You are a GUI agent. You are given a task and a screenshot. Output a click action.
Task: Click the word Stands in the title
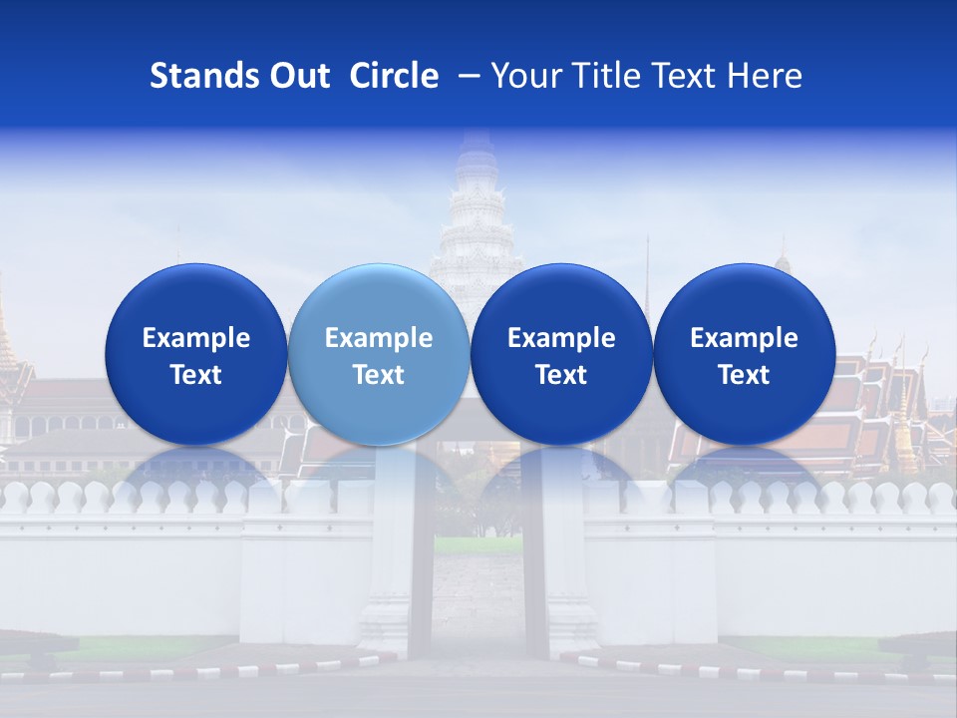pyautogui.click(x=199, y=77)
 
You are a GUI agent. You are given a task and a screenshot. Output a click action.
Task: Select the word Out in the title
pyautogui.click(x=297, y=77)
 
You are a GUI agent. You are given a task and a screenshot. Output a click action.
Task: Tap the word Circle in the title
pyautogui.click(x=394, y=77)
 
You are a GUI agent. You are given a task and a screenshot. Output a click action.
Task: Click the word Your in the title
pyautogui.click(x=522, y=77)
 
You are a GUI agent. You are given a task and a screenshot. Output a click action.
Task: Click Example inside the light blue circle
pyautogui.click(x=378, y=338)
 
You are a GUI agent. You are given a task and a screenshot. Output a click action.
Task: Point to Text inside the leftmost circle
pyautogui.click(x=195, y=375)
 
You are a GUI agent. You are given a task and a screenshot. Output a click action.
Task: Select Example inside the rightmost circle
pyautogui.click(x=744, y=338)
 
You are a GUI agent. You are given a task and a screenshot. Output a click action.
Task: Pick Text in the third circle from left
pyautogui.click(x=561, y=375)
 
